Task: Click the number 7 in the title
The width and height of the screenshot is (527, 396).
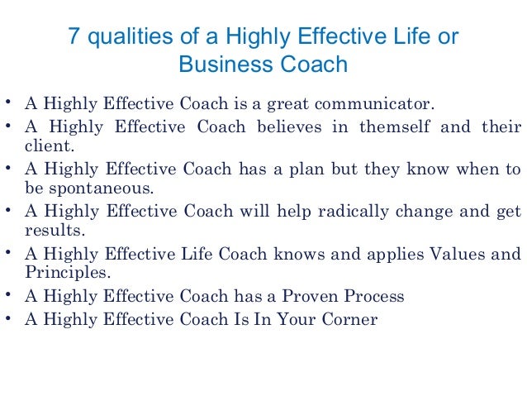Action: tap(72, 37)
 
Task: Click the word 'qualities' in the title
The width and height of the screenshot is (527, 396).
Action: tap(121, 38)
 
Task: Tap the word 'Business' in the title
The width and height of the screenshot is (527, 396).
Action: tap(221, 64)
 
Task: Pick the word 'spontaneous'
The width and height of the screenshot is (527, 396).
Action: tap(86, 187)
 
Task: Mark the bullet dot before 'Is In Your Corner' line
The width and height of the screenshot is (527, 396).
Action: tap(7, 317)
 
